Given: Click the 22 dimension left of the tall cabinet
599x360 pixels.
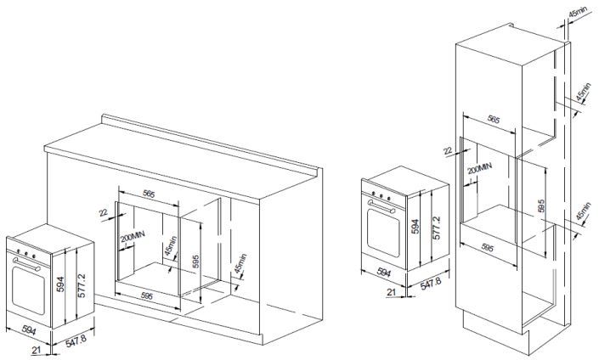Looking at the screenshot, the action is coord(448,150).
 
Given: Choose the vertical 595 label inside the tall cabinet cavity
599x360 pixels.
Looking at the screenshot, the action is coord(540,205).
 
